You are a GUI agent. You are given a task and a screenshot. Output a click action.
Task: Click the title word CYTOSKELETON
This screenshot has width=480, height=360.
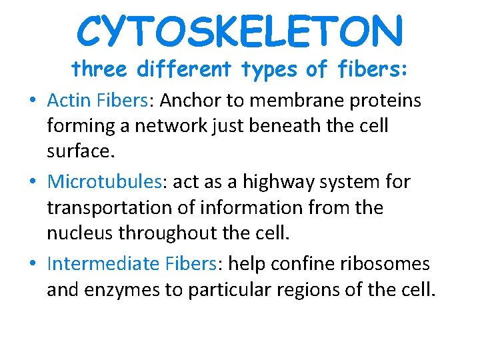(240, 31)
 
